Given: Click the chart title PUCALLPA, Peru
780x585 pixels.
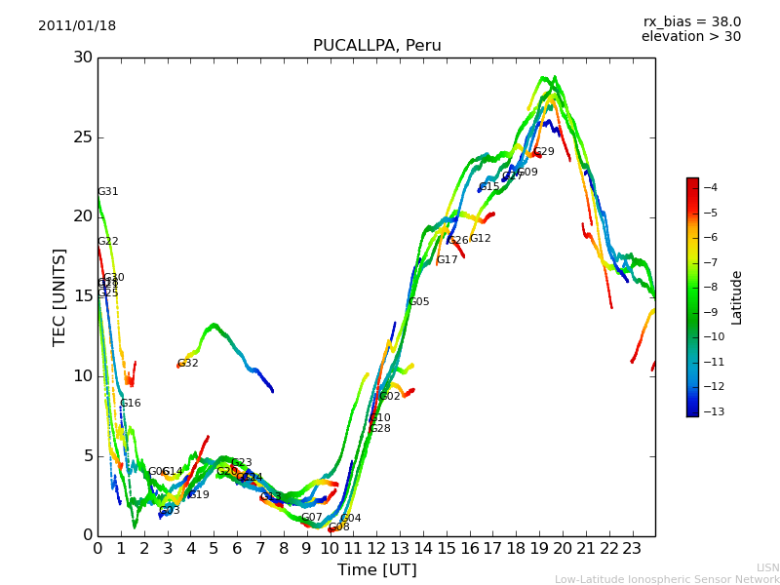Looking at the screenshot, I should (376, 46).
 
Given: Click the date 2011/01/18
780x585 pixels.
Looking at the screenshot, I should (77, 26).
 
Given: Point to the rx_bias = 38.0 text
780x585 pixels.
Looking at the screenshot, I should (691, 22).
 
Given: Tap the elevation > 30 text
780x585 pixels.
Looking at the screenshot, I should (690, 37).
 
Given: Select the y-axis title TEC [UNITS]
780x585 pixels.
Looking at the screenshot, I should (60, 296).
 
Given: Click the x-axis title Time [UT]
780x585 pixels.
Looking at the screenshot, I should (376, 569).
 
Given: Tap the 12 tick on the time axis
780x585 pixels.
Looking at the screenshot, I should (376, 547).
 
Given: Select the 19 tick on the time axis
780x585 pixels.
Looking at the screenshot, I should (539, 547).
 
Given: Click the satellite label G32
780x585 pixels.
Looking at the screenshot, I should (187, 364).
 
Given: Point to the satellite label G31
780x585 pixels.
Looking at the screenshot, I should (107, 192).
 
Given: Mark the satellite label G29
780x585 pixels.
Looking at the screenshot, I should (543, 152).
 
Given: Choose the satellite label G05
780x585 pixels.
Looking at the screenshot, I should (418, 302).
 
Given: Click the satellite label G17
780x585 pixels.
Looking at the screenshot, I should (447, 260).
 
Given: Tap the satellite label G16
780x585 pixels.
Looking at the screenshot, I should (130, 404).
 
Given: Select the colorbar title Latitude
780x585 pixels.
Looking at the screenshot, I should (737, 296).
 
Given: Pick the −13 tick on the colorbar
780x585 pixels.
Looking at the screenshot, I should (712, 411).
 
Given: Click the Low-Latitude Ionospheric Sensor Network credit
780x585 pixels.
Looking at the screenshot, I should (667, 579).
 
